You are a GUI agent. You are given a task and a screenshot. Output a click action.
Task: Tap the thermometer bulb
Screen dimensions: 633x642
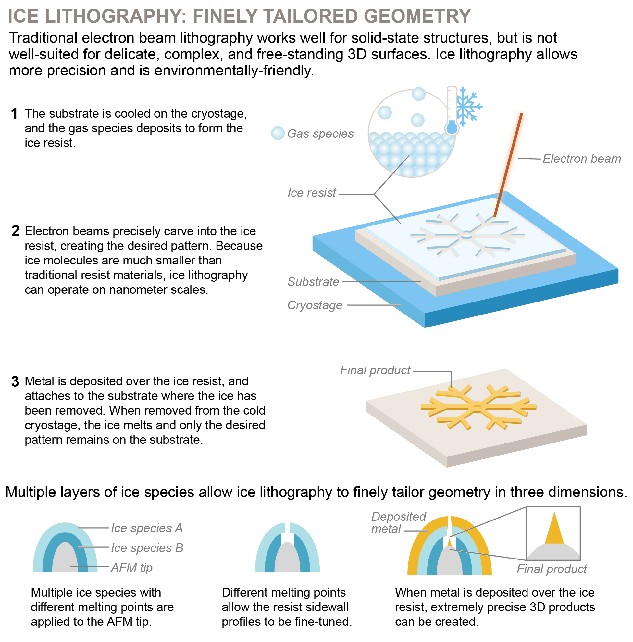pos(452,128)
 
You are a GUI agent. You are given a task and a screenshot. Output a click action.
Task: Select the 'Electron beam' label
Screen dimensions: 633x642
pos(582,159)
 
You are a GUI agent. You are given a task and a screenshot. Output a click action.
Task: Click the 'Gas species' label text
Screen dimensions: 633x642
pos(320,134)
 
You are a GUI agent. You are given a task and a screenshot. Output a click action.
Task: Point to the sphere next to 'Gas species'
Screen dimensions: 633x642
pos(278,133)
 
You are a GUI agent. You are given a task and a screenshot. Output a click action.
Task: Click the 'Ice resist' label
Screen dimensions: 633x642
pos(312,193)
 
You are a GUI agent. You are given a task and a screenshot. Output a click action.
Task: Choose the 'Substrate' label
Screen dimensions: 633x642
pos(313,282)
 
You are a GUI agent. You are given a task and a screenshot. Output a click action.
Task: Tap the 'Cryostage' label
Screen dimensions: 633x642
pos(315,305)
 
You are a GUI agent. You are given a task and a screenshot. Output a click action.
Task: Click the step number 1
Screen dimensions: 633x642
pos(14,114)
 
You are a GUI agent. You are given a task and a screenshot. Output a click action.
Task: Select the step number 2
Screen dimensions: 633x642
pos(15,231)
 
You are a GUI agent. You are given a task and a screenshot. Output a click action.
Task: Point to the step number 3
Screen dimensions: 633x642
pos(15,381)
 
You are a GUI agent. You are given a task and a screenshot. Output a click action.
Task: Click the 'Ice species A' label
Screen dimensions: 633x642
pos(147,528)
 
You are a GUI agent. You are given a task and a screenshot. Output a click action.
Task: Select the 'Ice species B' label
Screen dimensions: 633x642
pos(147,548)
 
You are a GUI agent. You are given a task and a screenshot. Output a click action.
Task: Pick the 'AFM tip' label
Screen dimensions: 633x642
pos(132,568)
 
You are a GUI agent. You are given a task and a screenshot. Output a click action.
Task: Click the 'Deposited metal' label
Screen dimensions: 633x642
pos(398,523)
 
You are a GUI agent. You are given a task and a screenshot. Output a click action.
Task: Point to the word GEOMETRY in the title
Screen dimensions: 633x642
pos(417,16)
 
